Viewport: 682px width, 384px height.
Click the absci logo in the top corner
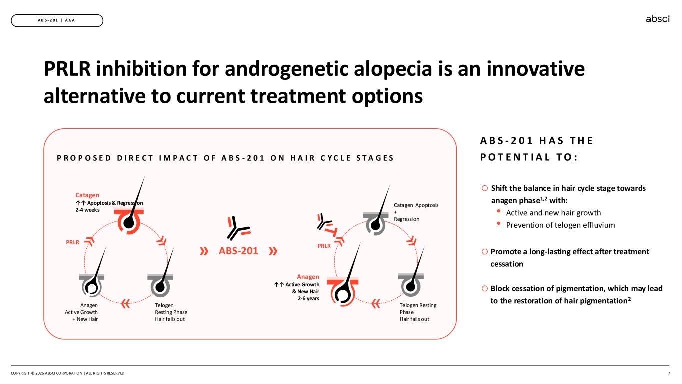coord(657,19)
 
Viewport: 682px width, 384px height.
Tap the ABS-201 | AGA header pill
coord(57,20)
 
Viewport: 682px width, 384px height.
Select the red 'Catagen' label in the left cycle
coord(87,195)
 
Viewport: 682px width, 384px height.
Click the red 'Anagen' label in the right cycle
coord(308,276)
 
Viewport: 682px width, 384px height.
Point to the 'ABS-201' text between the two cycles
coord(238,251)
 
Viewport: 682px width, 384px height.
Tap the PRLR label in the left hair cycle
coord(73,242)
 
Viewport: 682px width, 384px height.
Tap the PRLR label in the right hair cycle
coord(324,246)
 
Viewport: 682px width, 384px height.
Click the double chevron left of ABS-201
coord(204,251)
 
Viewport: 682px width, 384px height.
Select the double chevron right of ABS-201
coord(273,251)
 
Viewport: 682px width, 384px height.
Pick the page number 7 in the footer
coord(669,373)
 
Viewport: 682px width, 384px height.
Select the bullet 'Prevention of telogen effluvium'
coord(560,225)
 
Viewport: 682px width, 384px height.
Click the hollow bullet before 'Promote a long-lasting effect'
coord(485,251)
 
